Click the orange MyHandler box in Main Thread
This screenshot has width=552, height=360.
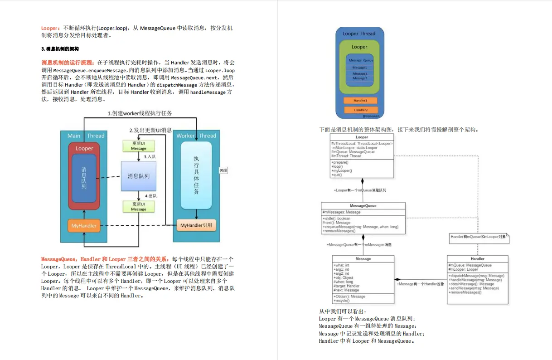click(84, 225)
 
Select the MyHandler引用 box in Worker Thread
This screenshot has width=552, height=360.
click(196, 225)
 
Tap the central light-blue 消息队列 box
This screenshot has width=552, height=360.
click(139, 175)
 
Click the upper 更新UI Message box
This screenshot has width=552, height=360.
click(139, 146)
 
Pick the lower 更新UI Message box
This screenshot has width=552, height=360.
click(139, 207)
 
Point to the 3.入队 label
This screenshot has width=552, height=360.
click(150, 156)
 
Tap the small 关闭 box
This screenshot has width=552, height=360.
click(223, 170)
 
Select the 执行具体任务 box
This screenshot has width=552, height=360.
click(196, 175)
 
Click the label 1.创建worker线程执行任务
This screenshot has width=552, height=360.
click(139, 113)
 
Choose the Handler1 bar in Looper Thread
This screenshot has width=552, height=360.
click(360, 100)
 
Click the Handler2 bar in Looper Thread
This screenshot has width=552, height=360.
click(360, 110)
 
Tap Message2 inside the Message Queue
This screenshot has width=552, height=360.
click(360, 73)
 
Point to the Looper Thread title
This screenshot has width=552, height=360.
click(359, 34)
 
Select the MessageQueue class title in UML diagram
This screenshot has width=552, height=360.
click(363, 206)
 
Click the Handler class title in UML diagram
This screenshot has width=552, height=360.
click(477, 259)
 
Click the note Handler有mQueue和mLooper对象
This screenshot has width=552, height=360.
click(479, 237)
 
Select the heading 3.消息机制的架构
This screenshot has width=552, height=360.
click(60, 49)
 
